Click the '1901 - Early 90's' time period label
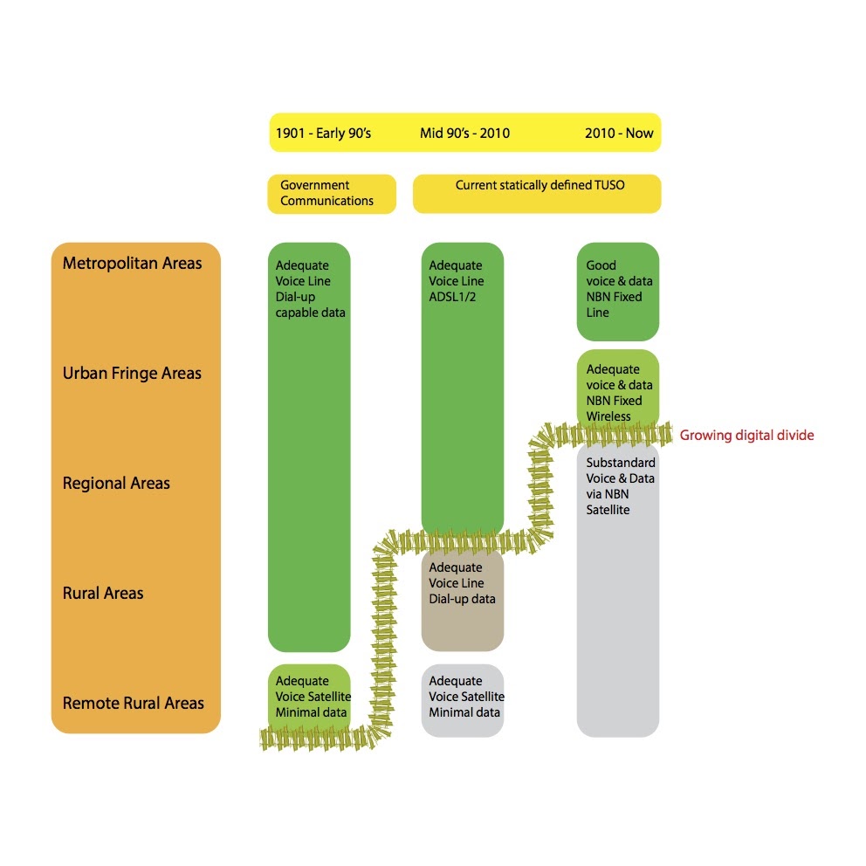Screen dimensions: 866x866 coord(323,133)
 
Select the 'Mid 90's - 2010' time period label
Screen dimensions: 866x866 coord(464,133)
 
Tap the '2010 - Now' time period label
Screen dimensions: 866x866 coord(619,133)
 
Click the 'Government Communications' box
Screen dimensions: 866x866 coord(332,194)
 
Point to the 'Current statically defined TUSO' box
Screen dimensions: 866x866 coord(537,194)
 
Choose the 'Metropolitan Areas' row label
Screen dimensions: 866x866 coord(132,264)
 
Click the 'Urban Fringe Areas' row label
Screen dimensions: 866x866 coord(132,374)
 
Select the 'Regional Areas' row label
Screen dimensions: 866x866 coord(116,484)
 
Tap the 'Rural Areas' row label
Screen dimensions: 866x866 coord(103,593)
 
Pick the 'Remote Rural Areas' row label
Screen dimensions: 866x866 coord(133,703)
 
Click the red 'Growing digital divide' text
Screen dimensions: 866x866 coord(746,436)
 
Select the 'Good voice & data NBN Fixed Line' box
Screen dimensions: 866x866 coord(618,292)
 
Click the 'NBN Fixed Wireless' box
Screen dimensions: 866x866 coord(618,390)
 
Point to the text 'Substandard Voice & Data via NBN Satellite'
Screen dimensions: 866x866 coord(620,486)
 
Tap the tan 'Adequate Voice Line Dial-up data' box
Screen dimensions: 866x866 coord(463,600)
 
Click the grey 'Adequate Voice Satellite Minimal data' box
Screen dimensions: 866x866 coord(463,700)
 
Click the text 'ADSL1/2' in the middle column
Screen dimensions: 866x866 coord(452,297)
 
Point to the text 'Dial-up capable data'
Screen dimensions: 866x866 coord(311,305)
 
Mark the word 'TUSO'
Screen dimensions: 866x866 coord(609,185)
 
